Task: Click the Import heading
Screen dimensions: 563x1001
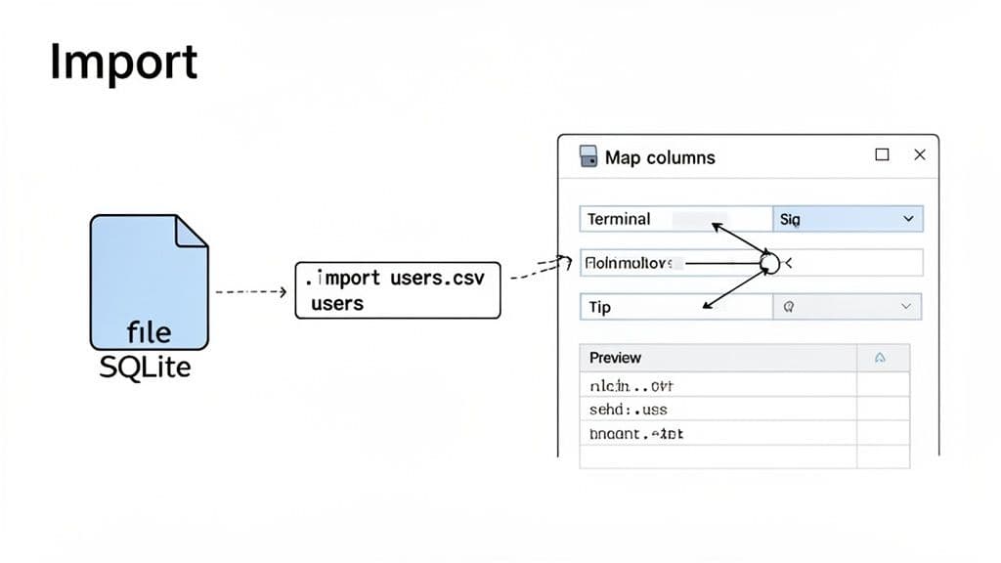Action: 123,64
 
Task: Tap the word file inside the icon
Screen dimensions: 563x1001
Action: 149,332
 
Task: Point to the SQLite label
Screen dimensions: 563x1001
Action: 147,368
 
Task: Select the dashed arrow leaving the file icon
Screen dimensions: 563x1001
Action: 249,291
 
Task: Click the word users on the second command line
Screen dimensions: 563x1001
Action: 337,304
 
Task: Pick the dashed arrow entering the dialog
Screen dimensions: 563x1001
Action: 541,267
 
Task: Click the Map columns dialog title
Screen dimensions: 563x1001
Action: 660,157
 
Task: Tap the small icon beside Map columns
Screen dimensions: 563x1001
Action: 588,156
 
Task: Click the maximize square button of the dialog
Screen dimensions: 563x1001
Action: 882,154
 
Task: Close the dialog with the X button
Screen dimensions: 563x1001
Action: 919,154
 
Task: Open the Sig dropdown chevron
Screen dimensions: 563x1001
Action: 908,220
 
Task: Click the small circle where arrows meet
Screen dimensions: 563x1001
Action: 768,263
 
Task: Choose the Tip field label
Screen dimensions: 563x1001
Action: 600,307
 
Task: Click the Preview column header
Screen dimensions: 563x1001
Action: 616,358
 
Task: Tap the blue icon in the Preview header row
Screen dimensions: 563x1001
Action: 880,358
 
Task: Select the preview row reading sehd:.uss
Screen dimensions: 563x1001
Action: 628,410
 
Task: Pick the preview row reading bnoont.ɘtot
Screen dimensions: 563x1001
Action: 636,433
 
